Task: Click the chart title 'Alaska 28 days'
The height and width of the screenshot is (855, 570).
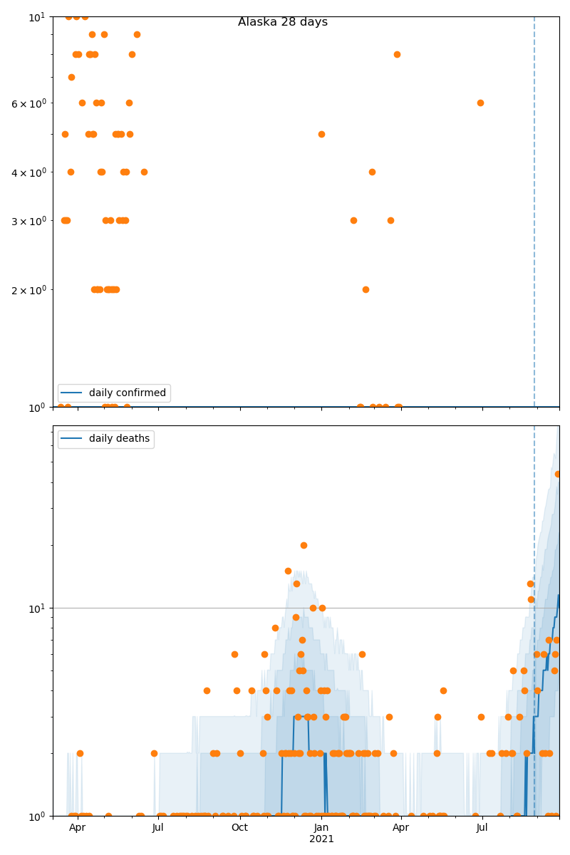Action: tap(283, 22)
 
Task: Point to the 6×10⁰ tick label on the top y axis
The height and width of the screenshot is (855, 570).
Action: tap(28, 103)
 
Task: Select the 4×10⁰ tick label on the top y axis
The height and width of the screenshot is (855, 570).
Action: tap(28, 172)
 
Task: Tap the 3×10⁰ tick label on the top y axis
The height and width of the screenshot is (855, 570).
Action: tap(28, 221)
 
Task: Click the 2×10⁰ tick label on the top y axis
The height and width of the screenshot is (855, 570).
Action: tap(28, 290)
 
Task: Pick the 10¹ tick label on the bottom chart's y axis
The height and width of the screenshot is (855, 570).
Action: tap(37, 608)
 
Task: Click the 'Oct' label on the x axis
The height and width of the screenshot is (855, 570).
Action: tap(239, 828)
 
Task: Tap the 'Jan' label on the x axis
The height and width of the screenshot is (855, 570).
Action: tap(321, 828)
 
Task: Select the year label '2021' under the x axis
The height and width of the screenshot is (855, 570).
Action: tap(321, 839)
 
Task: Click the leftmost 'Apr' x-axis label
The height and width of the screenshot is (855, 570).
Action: tap(77, 828)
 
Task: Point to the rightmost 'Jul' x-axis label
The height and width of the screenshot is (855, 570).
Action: tap(482, 828)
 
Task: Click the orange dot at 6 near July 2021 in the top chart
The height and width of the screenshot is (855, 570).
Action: tap(480, 103)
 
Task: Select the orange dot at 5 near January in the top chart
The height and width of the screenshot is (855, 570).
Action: tap(321, 134)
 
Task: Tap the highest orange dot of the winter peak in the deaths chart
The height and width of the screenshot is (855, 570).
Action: tap(304, 545)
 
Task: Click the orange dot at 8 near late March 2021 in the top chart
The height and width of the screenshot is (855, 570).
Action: tap(397, 54)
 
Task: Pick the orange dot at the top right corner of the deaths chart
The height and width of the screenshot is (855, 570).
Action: tap(558, 474)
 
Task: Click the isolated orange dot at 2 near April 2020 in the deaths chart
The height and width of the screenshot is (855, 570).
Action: tap(80, 753)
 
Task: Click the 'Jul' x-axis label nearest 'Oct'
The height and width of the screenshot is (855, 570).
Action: tap(158, 828)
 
